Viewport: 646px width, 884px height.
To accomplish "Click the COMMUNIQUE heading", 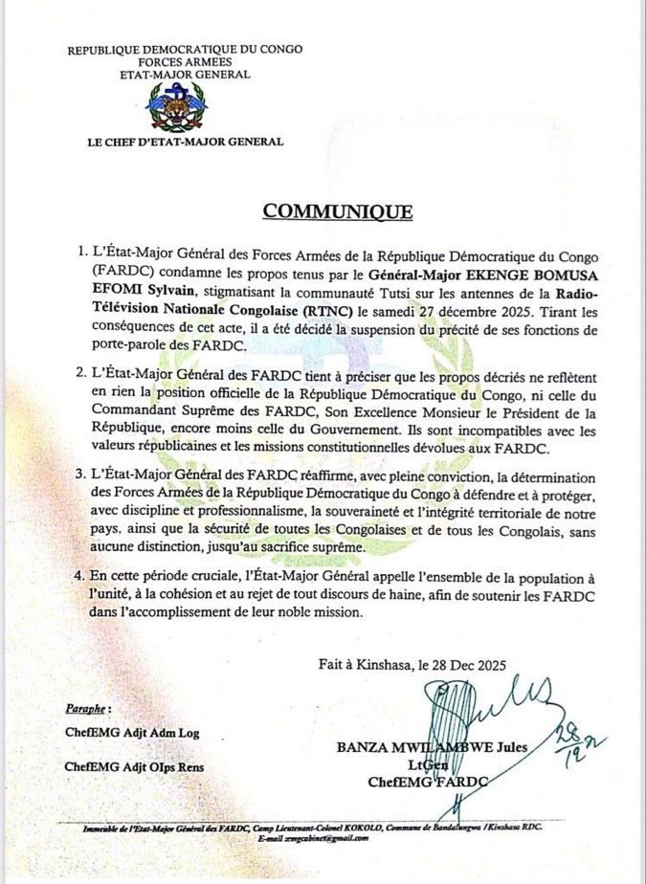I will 339,211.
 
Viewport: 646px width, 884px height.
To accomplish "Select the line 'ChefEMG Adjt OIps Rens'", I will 133,766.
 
